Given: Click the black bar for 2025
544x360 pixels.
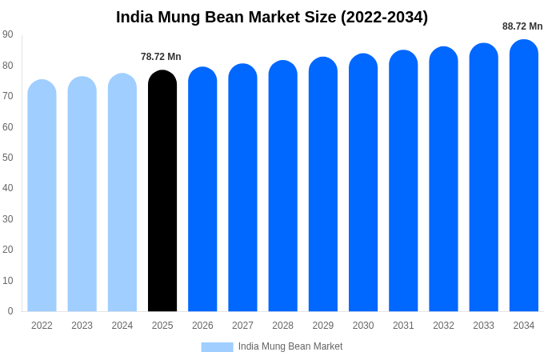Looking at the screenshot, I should point(162,192).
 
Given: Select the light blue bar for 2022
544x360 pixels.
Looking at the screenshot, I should point(42,196).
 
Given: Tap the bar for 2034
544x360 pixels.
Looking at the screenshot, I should point(524,176).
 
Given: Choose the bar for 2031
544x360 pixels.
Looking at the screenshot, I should point(403,182).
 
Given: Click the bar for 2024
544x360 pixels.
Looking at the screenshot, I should point(122,193).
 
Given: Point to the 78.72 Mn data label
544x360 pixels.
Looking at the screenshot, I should point(161,57).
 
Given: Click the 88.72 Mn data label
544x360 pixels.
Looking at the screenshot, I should point(522,26).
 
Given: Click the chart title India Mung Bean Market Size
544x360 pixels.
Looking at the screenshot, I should point(272,17).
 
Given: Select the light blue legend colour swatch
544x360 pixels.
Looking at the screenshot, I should point(217,347).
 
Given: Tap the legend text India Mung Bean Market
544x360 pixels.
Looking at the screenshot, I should point(290,346).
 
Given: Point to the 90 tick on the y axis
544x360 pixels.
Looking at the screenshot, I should point(8,34).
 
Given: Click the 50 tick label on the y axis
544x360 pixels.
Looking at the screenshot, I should point(8,158).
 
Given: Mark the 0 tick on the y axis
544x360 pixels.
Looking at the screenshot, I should point(10,311).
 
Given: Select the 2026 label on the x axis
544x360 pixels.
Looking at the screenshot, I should point(202,326).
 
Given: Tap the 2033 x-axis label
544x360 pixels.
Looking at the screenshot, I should point(483,326).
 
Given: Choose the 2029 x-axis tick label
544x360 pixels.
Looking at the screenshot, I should point(323,326).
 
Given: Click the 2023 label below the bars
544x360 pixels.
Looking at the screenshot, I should point(82,326).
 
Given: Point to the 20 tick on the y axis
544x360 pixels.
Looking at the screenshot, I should point(8,250).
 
